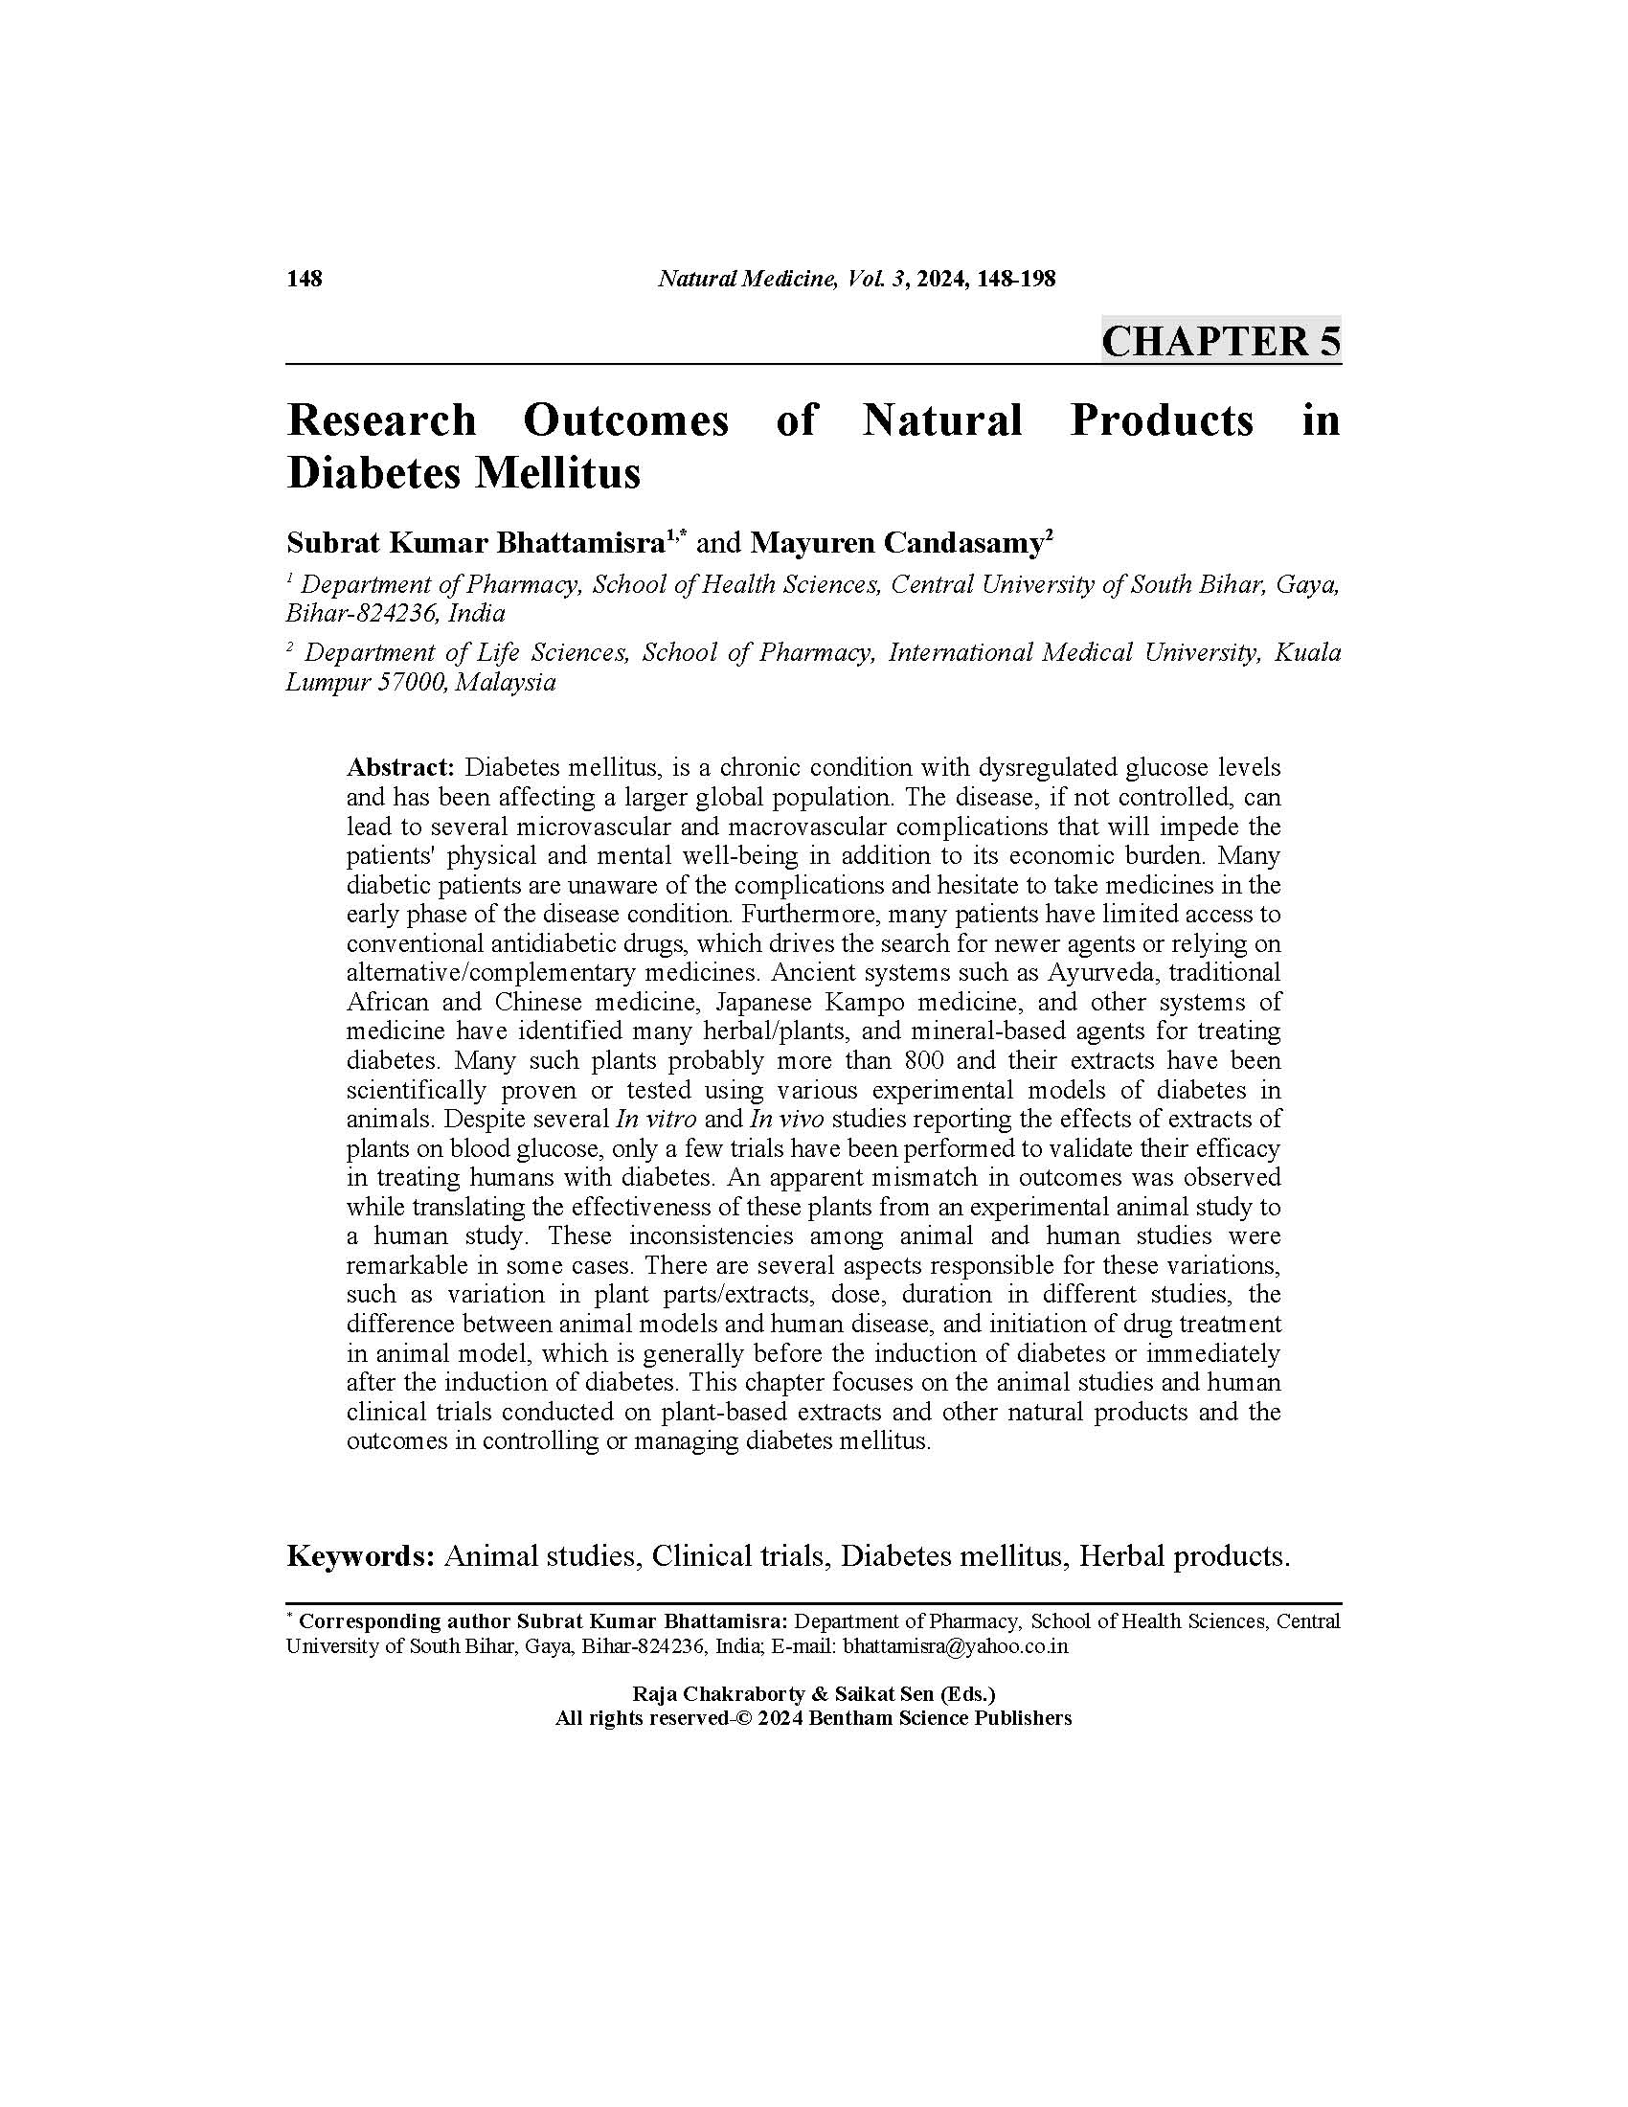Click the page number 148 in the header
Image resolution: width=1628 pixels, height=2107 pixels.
pos(304,280)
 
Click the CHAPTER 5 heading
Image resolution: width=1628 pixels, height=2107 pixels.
pos(1220,343)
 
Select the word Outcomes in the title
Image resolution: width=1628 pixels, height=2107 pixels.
pos(626,421)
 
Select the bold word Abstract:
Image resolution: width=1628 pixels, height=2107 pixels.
pos(400,768)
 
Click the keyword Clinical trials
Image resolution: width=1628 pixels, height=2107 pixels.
pos(738,1556)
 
